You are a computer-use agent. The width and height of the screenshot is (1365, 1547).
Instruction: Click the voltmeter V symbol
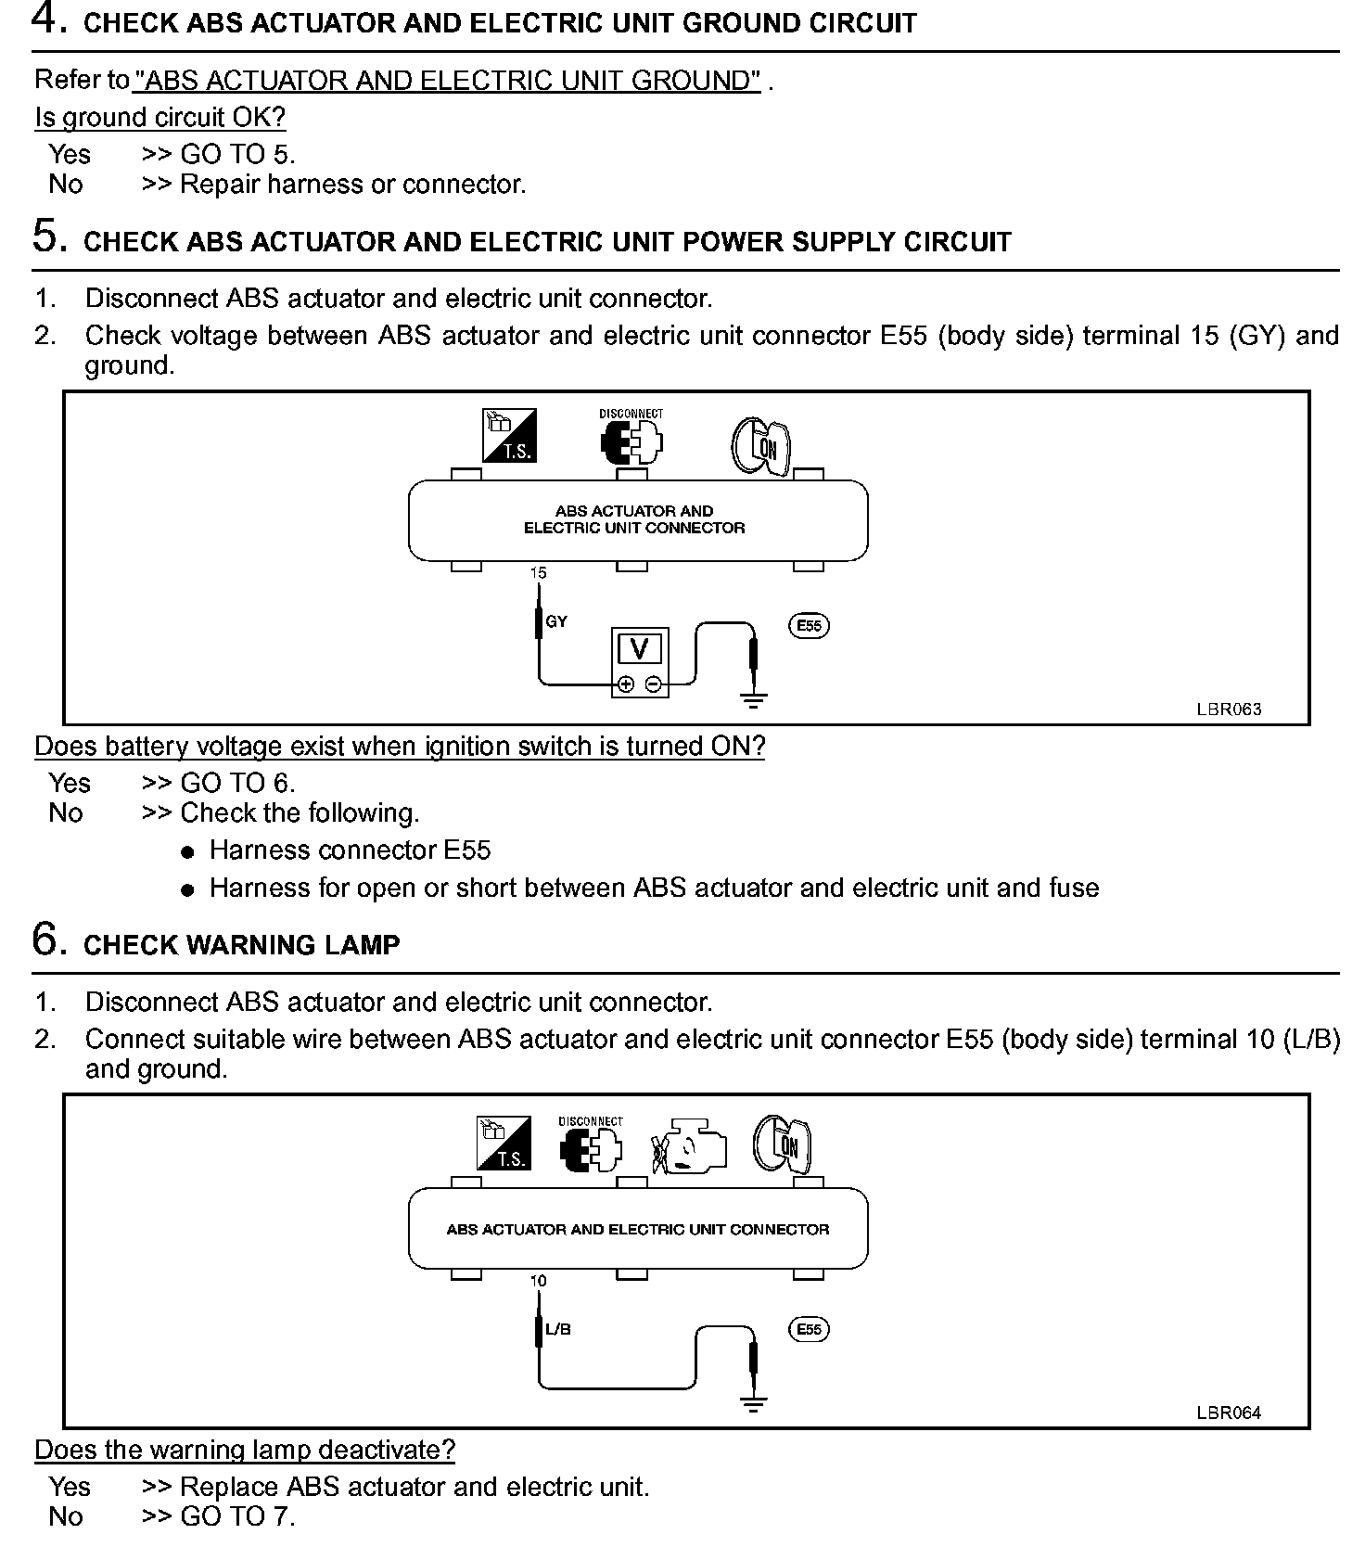pyautogui.click(x=640, y=648)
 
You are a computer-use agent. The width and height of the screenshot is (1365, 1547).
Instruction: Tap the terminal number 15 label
pyautogui.click(x=539, y=573)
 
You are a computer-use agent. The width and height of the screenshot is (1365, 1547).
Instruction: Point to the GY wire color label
pyautogui.click(x=556, y=621)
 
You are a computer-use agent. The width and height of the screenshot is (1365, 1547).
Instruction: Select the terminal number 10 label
pyautogui.click(x=539, y=1281)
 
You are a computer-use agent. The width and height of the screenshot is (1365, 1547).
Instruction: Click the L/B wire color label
pyautogui.click(x=558, y=1329)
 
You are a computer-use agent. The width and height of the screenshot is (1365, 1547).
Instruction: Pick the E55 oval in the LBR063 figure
pyautogui.click(x=810, y=625)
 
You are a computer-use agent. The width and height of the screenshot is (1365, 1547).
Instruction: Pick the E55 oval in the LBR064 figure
pyautogui.click(x=810, y=1329)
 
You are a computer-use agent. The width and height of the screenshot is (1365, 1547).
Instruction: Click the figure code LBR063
pyautogui.click(x=1228, y=710)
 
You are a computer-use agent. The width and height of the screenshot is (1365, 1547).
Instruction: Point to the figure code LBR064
pyautogui.click(x=1228, y=1413)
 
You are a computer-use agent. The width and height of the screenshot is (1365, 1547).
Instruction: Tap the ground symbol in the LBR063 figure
pyautogui.click(x=755, y=700)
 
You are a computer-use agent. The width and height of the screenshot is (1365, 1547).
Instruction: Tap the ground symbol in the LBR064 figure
pyautogui.click(x=755, y=1404)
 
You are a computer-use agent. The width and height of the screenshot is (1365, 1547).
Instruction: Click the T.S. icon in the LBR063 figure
pyautogui.click(x=509, y=436)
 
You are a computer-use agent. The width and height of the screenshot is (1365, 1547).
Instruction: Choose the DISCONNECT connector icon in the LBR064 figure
pyautogui.click(x=591, y=1146)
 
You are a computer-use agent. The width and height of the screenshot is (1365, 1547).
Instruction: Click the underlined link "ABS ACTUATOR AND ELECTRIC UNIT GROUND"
pyautogui.click(x=447, y=82)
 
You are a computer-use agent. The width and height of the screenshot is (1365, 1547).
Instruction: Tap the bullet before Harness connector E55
pyautogui.click(x=188, y=851)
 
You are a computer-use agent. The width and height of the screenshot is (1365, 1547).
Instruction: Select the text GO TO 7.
pyautogui.click(x=237, y=1516)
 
